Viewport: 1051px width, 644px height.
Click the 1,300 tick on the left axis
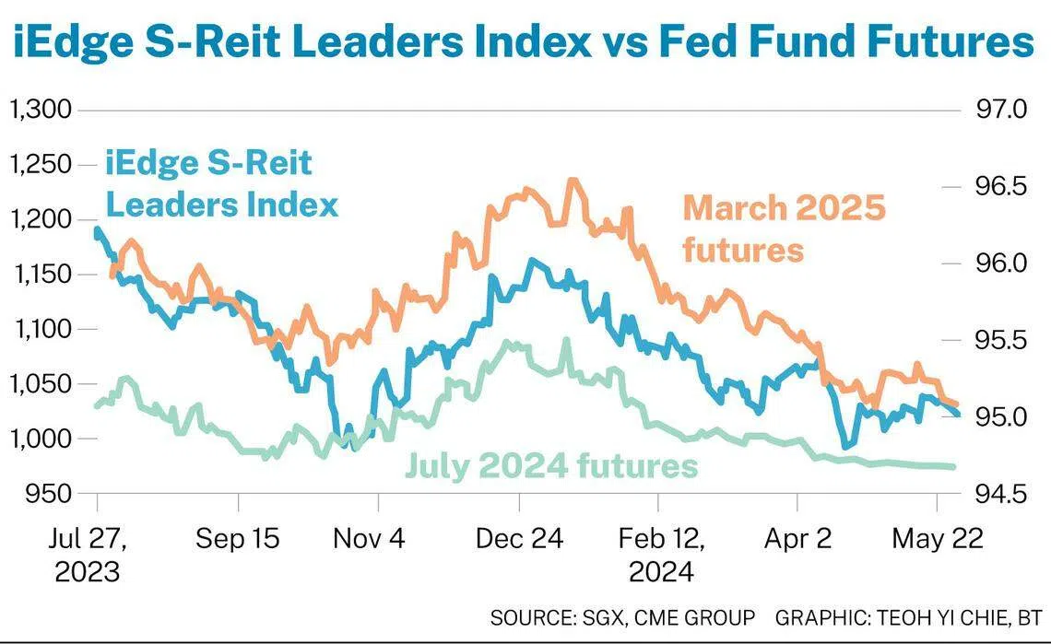tap(39, 111)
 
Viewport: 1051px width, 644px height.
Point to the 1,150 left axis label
tap(39, 275)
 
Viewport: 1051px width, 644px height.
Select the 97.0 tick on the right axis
tap(999, 111)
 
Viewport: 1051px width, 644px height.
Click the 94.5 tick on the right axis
tap(999, 494)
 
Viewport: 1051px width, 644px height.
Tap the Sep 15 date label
tap(237, 539)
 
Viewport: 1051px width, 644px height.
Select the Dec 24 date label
tap(519, 539)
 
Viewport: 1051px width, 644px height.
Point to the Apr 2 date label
tap(797, 539)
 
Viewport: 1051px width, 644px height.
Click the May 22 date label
tap(937, 539)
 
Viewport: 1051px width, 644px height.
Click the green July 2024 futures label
tap(551, 466)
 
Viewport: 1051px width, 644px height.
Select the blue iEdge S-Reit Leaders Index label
tap(221, 184)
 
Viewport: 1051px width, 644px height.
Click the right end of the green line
tap(952, 467)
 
